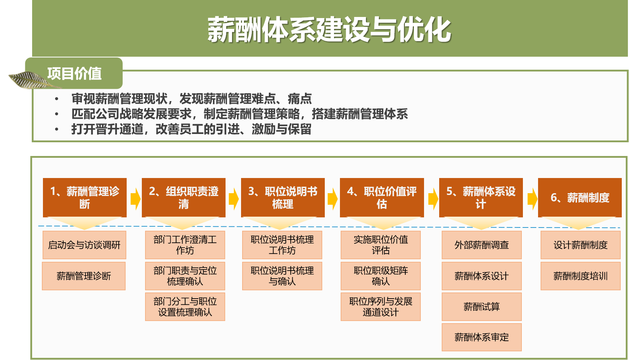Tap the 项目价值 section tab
(x=74, y=73)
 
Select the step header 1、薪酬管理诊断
(x=85, y=198)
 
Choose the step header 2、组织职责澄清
(x=184, y=198)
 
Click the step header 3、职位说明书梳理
(x=283, y=198)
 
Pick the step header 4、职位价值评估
(x=382, y=198)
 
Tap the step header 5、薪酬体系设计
(x=481, y=198)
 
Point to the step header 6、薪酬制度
(x=580, y=198)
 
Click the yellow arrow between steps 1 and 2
(x=135, y=199)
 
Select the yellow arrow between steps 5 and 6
(x=532, y=199)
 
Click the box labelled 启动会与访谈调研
(x=84, y=245)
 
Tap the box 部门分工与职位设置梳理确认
(x=185, y=307)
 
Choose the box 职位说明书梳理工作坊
(x=282, y=245)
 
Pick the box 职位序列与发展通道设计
(x=381, y=307)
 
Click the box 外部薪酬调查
(x=482, y=245)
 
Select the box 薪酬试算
(x=482, y=307)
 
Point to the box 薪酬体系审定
(x=482, y=337)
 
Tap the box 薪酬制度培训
(x=581, y=276)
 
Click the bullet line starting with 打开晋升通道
(x=191, y=129)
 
